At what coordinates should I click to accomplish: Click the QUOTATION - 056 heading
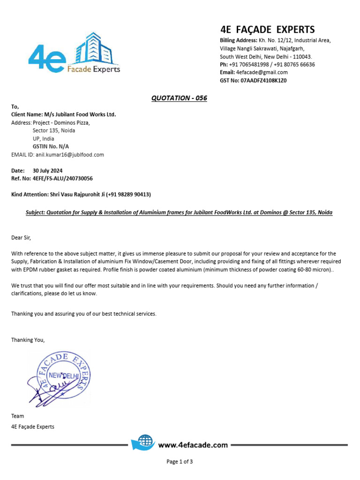click(x=179, y=98)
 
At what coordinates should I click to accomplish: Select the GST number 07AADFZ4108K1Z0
click(x=263, y=80)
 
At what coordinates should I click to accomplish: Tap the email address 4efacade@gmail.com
click(x=262, y=72)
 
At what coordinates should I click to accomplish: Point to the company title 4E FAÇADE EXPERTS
click(x=267, y=29)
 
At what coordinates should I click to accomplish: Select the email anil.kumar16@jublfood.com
click(x=70, y=154)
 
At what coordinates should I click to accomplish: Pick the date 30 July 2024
click(x=48, y=171)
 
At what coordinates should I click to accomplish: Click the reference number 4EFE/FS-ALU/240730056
click(x=63, y=179)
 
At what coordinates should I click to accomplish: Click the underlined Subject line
click(x=179, y=212)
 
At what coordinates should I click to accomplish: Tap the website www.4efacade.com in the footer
click(x=193, y=445)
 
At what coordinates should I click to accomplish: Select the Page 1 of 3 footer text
click(x=180, y=462)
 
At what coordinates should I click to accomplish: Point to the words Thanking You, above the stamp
click(x=28, y=340)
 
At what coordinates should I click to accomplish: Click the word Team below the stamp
click(x=17, y=416)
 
